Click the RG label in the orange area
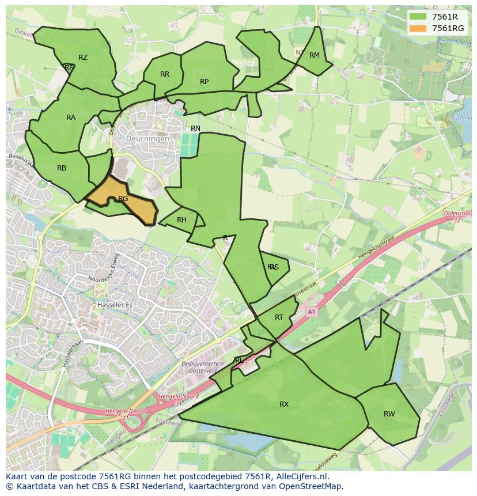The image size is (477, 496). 123,199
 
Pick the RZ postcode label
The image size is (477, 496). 83,57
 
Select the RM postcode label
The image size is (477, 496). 314,55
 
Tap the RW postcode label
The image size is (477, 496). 389,414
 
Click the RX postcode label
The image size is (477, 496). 284,404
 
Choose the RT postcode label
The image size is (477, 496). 279,317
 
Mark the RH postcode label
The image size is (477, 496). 181,220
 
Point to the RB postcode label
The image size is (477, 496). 62,168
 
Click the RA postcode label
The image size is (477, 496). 71,118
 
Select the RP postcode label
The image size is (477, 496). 204,82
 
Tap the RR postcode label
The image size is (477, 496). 165,74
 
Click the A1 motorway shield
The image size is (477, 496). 312,312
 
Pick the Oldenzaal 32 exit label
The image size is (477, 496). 459,217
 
